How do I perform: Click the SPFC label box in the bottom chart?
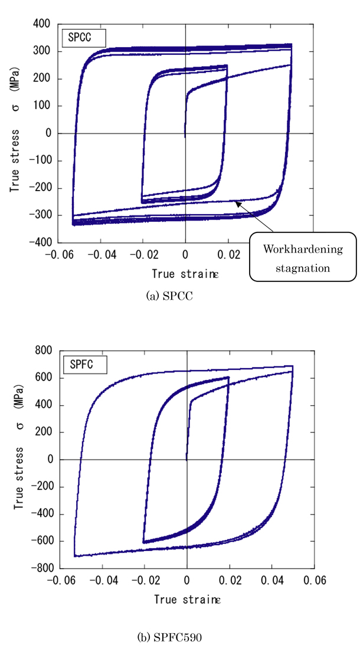pyautogui.click(x=85, y=364)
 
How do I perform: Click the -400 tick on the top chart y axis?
pyautogui.click(x=41, y=242)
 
